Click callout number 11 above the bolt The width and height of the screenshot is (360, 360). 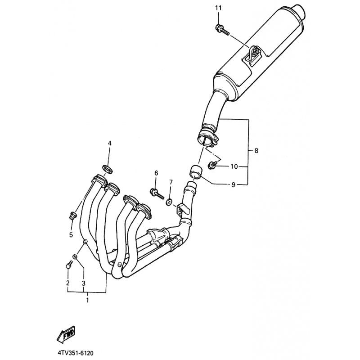(218, 8)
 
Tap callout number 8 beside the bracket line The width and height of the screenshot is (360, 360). (256, 151)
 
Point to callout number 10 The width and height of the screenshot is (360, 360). (234, 166)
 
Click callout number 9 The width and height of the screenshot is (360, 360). (234, 184)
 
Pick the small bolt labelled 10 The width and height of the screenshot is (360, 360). (212, 165)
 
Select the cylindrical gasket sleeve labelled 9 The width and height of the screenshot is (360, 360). (195, 171)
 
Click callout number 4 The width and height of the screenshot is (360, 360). (110, 143)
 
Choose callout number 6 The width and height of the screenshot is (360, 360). (156, 173)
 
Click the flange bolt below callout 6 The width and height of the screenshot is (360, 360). (157, 193)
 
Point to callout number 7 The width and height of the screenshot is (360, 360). (171, 182)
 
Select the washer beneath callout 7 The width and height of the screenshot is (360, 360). (169, 202)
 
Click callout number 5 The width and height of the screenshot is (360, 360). (71, 235)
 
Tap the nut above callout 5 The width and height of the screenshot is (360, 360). (73, 216)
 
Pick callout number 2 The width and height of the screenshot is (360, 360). (68, 283)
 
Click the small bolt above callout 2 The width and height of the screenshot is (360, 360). (69, 265)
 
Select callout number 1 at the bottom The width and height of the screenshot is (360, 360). (87, 300)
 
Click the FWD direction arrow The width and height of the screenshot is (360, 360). (66, 334)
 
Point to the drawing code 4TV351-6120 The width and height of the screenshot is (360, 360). (76, 353)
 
